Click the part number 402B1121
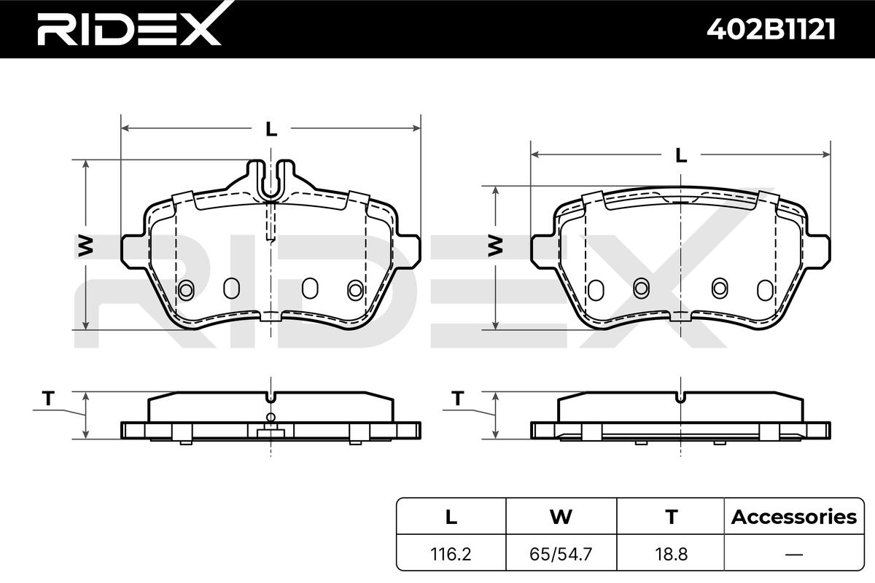point(771,29)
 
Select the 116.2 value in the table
point(451,554)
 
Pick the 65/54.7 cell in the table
point(561,554)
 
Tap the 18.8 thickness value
point(671,554)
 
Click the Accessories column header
point(794,517)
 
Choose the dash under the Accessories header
point(794,554)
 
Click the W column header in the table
point(561,517)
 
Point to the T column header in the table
point(671,517)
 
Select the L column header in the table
point(451,517)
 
